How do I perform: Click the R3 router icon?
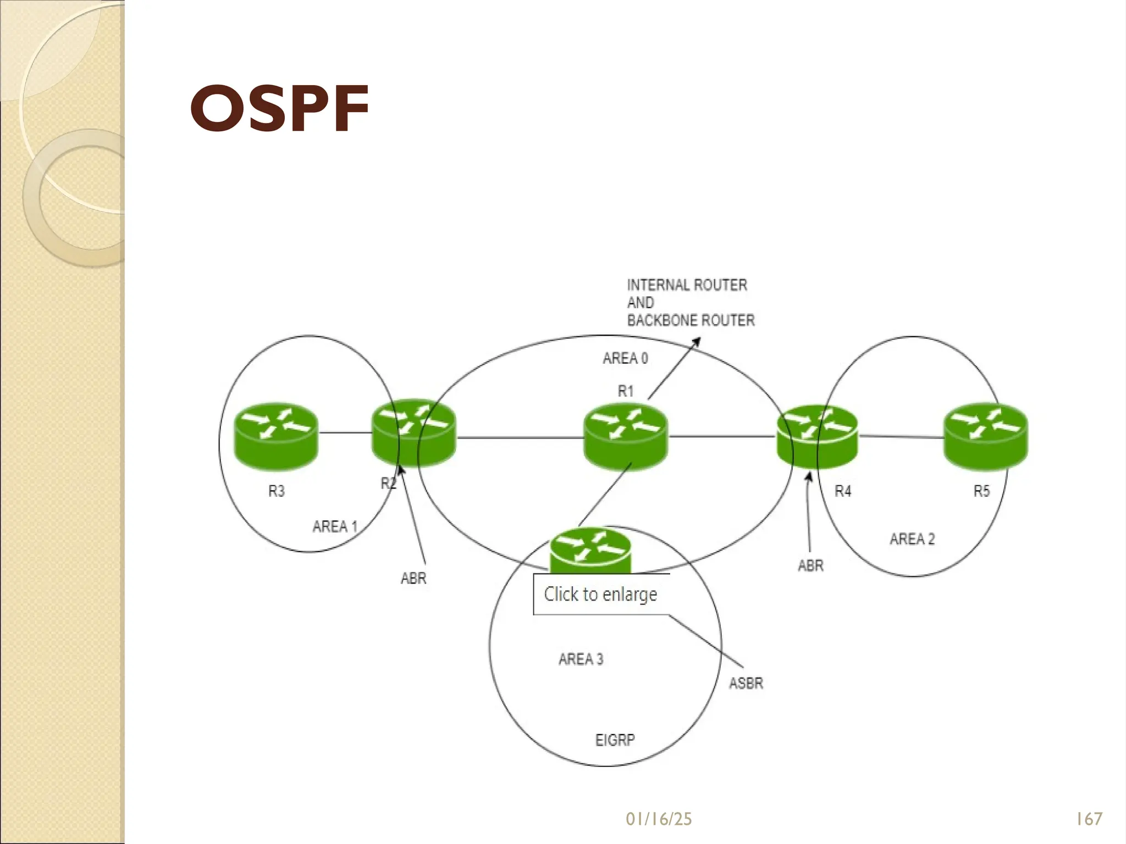(x=276, y=436)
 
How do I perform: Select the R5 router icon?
(x=985, y=436)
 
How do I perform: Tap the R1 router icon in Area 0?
(x=625, y=437)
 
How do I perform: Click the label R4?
(x=843, y=491)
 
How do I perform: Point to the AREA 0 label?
(x=625, y=358)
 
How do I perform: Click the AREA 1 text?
(x=335, y=526)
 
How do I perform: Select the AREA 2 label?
(x=912, y=538)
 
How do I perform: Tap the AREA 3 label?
(x=581, y=659)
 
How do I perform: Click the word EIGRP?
(x=615, y=740)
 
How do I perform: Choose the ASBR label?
(x=746, y=683)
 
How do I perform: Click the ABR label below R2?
(x=413, y=578)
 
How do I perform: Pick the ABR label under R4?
(x=810, y=565)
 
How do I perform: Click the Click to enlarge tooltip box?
(x=600, y=594)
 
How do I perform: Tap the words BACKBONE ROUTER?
(x=691, y=320)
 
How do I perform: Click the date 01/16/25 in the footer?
(x=659, y=819)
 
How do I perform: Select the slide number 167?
(x=1089, y=819)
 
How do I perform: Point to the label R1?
(x=626, y=391)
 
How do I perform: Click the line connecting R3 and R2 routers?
(x=345, y=433)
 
